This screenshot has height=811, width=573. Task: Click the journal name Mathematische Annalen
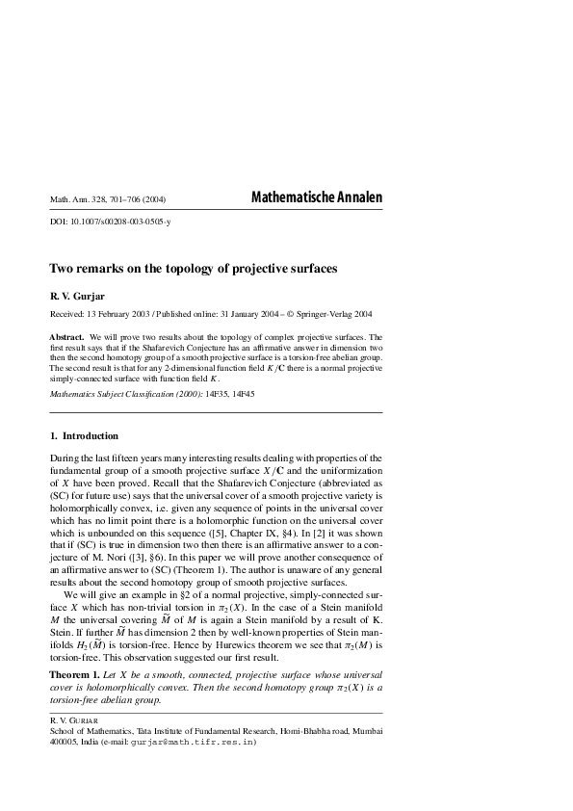pyautogui.click(x=316, y=197)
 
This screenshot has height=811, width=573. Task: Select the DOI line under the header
pyautogui.click(x=111, y=222)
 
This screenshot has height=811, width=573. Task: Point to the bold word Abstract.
pyautogui.click(x=67, y=337)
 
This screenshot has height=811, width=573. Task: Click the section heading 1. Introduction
pyautogui.click(x=84, y=435)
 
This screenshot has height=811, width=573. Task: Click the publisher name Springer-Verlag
pyautogui.click(x=324, y=315)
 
